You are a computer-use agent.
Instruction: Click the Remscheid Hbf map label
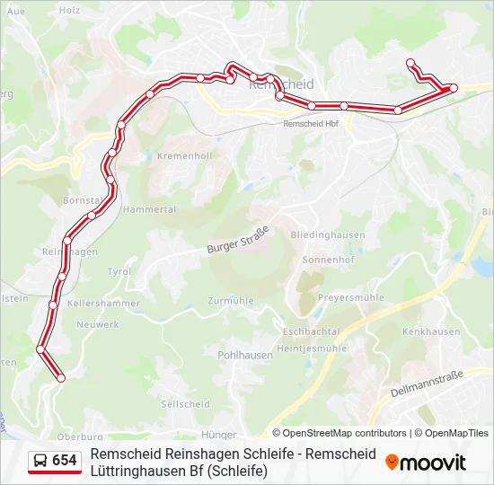point(311,124)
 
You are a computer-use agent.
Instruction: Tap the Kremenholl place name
point(184,155)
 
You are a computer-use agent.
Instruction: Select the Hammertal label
point(149,208)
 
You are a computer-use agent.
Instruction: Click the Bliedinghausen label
point(327,234)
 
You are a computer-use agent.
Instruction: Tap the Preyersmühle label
point(351,297)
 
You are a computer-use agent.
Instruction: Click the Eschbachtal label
point(311,331)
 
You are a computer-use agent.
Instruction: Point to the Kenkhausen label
point(427,331)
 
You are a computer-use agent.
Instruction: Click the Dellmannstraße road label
point(428,384)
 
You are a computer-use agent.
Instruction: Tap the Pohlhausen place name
point(245,355)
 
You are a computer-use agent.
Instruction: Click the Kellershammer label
point(103,304)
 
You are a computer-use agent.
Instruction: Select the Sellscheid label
point(185,404)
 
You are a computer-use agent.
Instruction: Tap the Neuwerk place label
point(98,324)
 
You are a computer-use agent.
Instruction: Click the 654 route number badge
point(65,461)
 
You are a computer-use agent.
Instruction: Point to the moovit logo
point(426,463)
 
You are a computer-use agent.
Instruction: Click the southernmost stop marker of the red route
point(61,378)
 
